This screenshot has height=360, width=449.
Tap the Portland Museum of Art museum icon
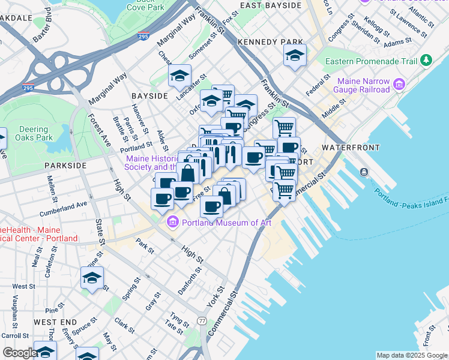click(x=173, y=223)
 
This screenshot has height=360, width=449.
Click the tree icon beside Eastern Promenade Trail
click(x=426, y=61)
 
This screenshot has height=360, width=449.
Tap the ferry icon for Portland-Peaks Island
click(x=364, y=173)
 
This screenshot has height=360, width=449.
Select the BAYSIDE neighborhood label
click(x=149, y=96)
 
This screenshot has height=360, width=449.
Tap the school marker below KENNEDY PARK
click(x=294, y=56)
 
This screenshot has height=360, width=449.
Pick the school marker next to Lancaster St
click(x=179, y=76)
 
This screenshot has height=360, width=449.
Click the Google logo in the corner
click(x=19, y=353)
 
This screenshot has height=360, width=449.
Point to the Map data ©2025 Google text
click(x=411, y=355)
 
